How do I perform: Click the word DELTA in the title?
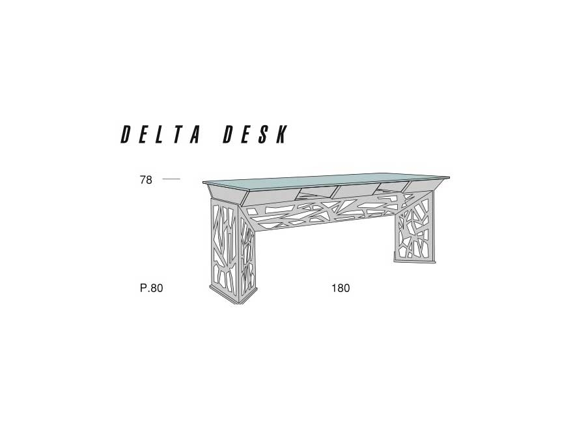tap(161, 134)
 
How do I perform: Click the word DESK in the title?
tap(256, 134)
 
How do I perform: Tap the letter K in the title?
tap(281, 134)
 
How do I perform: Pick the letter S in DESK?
tap(263, 134)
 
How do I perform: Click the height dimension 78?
tap(146, 180)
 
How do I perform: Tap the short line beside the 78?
tap(171, 179)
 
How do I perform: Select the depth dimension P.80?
tap(151, 288)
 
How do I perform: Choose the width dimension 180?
tap(341, 288)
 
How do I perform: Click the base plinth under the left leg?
tap(234, 295)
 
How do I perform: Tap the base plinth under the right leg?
tap(414, 260)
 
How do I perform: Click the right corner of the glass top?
tap(449, 177)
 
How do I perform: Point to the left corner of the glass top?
tap(203, 183)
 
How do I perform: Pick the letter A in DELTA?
tap(195, 134)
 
